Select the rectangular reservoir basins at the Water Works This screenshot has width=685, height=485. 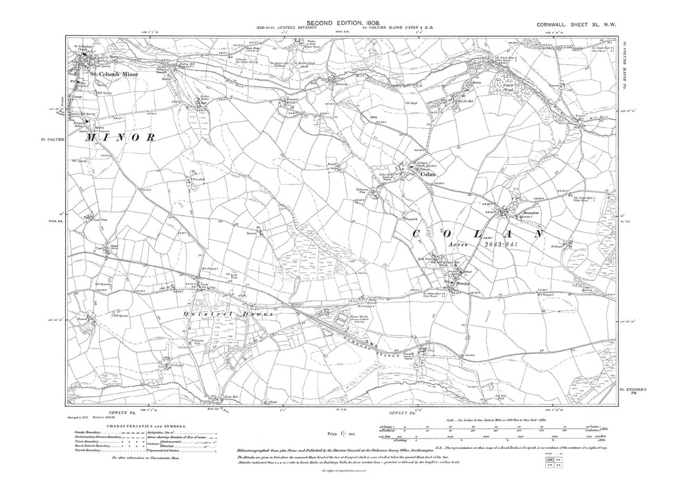341,321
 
